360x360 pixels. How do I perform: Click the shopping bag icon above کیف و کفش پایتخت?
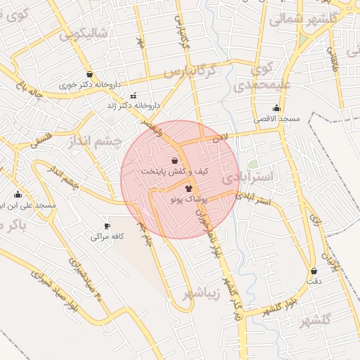coord(174,160)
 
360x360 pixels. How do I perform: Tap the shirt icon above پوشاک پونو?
coord(188,188)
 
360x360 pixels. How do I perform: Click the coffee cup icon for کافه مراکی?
coord(107,226)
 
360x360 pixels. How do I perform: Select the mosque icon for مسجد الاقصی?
coord(276,108)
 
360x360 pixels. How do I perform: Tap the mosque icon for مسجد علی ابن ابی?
coord(18,195)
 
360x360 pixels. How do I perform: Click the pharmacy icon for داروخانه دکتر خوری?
coord(89,74)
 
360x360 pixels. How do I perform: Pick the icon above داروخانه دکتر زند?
coord(134,96)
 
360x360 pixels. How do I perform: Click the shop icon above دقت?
coord(314,271)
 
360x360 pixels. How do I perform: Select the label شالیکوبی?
coord(84,34)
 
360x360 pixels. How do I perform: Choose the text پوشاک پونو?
coord(186,200)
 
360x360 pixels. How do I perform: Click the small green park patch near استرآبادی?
coord(252,163)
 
